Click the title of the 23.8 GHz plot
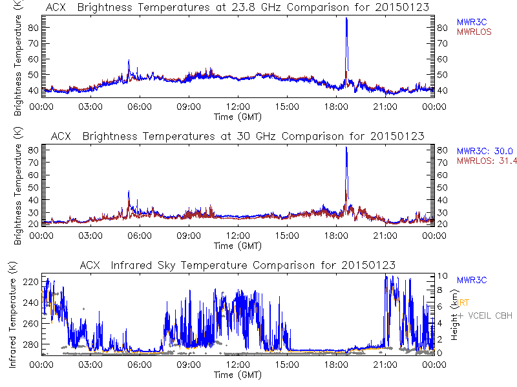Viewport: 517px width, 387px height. coord(237,7)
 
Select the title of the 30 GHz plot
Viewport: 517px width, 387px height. coord(237,136)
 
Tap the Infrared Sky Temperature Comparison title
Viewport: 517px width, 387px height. coord(237,265)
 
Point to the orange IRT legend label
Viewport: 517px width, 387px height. coord(463,303)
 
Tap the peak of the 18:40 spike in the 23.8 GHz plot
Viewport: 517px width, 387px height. coord(346,19)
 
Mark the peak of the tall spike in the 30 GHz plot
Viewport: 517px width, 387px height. coord(346,148)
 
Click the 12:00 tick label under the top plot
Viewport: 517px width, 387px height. coord(238,106)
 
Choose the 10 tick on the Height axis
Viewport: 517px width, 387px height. coord(440,276)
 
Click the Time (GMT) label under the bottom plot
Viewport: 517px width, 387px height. coord(237,374)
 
